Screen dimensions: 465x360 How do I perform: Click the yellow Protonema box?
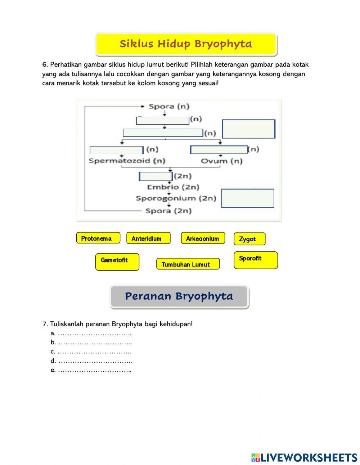[98, 238]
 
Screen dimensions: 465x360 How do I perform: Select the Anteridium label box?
[148, 238]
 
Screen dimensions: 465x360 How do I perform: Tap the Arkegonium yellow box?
[203, 238]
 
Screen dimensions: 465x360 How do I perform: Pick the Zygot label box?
[249, 239]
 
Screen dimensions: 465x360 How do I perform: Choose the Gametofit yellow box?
[117, 261]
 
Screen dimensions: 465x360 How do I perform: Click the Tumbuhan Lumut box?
[188, 264]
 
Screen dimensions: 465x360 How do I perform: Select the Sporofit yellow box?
[256, 260]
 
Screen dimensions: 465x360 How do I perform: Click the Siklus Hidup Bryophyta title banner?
[186, 44]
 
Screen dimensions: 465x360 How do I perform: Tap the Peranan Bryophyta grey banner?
[179, 296]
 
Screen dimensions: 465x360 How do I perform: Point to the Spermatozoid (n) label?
[127, 161]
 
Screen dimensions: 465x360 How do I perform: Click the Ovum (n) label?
[221, 161]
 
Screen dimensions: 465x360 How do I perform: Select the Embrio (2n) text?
[173, 187]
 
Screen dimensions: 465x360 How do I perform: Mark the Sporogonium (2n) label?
[176, 198]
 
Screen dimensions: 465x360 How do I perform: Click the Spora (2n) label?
[168, 211]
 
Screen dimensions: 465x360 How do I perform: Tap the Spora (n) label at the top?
[169, 106]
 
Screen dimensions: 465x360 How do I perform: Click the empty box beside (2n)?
[156, 176]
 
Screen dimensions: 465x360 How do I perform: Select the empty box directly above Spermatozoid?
[116, 150]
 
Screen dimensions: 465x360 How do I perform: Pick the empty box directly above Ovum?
[219, 150]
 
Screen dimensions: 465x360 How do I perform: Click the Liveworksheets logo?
[304, 457]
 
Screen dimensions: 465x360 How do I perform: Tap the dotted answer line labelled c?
[94, 352]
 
